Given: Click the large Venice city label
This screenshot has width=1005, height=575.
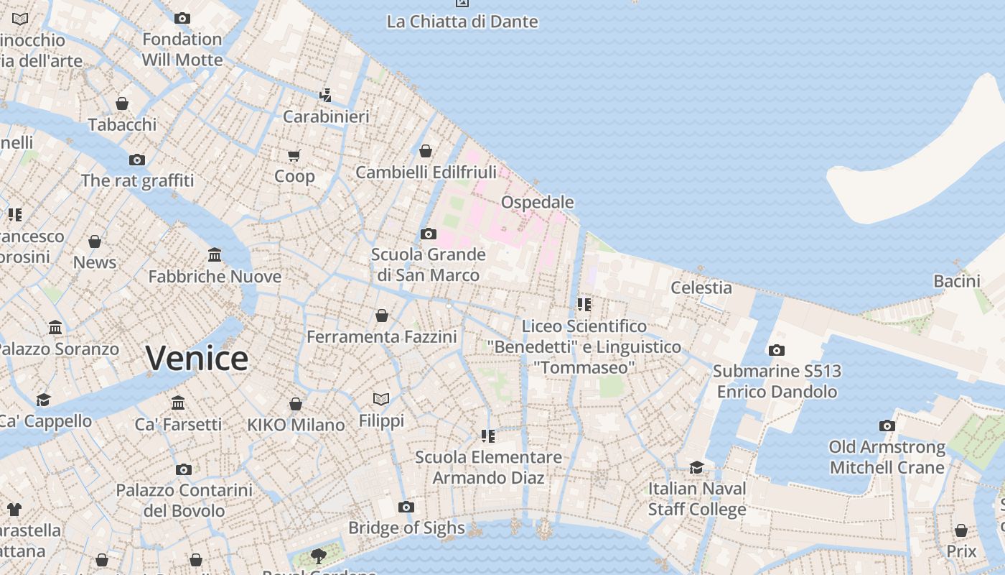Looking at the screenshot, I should click(197, 358).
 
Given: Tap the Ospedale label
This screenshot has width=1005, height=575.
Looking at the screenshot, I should click(537, 202).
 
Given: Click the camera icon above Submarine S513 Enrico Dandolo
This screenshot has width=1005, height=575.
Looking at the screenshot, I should click(776, 351).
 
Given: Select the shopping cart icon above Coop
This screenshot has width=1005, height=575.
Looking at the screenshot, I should click(294, 155).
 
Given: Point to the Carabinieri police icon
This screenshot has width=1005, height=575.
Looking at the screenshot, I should click(326, 95).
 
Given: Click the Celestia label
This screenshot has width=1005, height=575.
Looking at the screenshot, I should click(701, 287).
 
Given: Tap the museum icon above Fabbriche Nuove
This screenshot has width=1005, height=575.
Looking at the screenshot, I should click(215, 255).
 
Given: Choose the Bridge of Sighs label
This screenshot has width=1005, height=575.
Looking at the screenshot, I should click(406, 528).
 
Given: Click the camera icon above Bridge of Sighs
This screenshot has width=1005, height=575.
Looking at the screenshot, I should click(406, 507).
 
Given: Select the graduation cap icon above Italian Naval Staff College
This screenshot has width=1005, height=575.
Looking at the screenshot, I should click(696, 468).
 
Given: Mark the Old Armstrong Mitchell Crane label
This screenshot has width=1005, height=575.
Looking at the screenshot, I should click(887, 457).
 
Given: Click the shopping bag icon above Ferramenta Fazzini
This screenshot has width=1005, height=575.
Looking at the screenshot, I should click(382, 316).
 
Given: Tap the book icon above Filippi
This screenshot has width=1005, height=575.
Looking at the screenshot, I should click(381, 399).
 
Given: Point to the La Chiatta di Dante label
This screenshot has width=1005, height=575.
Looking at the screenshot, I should click(462, 22).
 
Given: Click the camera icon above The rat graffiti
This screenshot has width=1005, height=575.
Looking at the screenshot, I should click(136, 160).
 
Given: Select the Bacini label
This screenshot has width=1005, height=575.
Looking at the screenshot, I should click(956, 281).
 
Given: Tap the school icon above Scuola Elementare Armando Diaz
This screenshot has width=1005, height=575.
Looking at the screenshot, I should click(488, 436).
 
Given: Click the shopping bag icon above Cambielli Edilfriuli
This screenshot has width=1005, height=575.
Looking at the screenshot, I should click(426, 151).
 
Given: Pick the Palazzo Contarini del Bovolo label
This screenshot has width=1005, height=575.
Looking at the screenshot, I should click(184, 500).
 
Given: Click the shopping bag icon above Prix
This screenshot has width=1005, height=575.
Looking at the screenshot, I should click(960, 530).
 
